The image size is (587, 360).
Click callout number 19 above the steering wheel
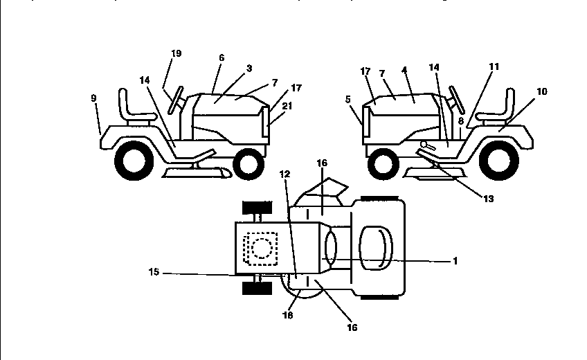pyautogui.click(x=176, y=53)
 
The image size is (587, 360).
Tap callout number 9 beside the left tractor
pyautogui.click(x=93, y=99)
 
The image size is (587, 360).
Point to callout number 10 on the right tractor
pyautogui.click(x=541, y=91)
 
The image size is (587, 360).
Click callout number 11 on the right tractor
pyautogui.click(x=494, y=66)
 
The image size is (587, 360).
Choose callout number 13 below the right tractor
pyautogui.click(x=488, y=198)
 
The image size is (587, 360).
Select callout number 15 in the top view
pyautogui.click(x=154, y=272)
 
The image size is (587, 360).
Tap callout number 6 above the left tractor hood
pyautogui.click(x=222, y=57)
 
